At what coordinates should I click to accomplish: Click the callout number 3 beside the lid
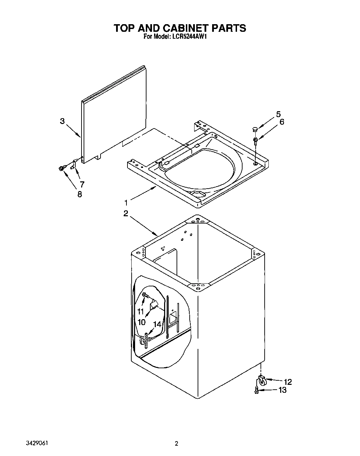(x=62, y=121)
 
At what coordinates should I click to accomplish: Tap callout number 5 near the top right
(x=278, y=114)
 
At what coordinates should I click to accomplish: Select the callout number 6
(x=282, y=122)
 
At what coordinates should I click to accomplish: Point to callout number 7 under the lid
(x=82, y=184)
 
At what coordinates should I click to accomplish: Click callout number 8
(x=79, y=194)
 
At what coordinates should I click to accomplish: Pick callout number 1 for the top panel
(x=126, y=202)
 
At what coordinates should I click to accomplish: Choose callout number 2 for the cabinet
(x=126, y=213)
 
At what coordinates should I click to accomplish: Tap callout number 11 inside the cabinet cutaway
(x=140, y=311)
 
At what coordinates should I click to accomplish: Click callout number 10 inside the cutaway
(x=141, y=322)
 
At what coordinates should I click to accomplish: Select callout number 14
(x=157, y=324)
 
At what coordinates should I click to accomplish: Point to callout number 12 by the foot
(x=287, y=382)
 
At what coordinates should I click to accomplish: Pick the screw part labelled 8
(x=61, y=168)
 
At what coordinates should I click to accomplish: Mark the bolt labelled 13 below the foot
(x=256, y=390)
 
